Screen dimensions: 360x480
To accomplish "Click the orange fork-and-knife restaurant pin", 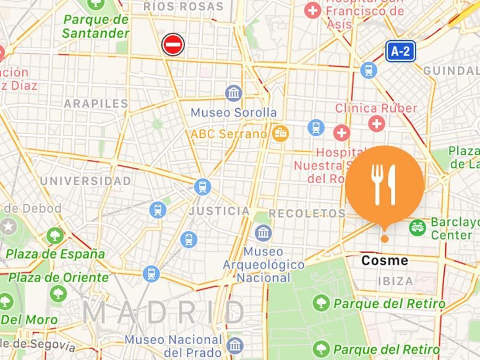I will [x=384, y=184].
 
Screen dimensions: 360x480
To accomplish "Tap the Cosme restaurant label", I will [x=384, y=260].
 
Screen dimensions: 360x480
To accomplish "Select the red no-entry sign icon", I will [x=173, y=45].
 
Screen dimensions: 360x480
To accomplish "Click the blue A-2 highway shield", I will [x=400, y=51].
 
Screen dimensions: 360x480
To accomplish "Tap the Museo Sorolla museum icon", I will [x=234, y=93].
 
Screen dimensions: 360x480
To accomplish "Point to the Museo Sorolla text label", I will [x=234, y=113].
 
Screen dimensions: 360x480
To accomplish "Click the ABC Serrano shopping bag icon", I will [x=281, y=133].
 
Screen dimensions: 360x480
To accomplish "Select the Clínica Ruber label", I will [x=376, y=108].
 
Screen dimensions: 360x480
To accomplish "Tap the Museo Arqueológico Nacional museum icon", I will [x=264, y=233].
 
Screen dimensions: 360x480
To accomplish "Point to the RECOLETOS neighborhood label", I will [x=307, y=213].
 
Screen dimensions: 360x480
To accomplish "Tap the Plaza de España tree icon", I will [x=55, y=236].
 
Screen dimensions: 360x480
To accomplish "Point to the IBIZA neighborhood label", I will [x=395, y=281].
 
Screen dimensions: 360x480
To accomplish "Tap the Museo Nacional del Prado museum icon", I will [x=234, y=345].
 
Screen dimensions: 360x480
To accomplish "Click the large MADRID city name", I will [x=165, y=312].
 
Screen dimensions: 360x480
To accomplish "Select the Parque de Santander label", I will [x=96, y=26].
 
